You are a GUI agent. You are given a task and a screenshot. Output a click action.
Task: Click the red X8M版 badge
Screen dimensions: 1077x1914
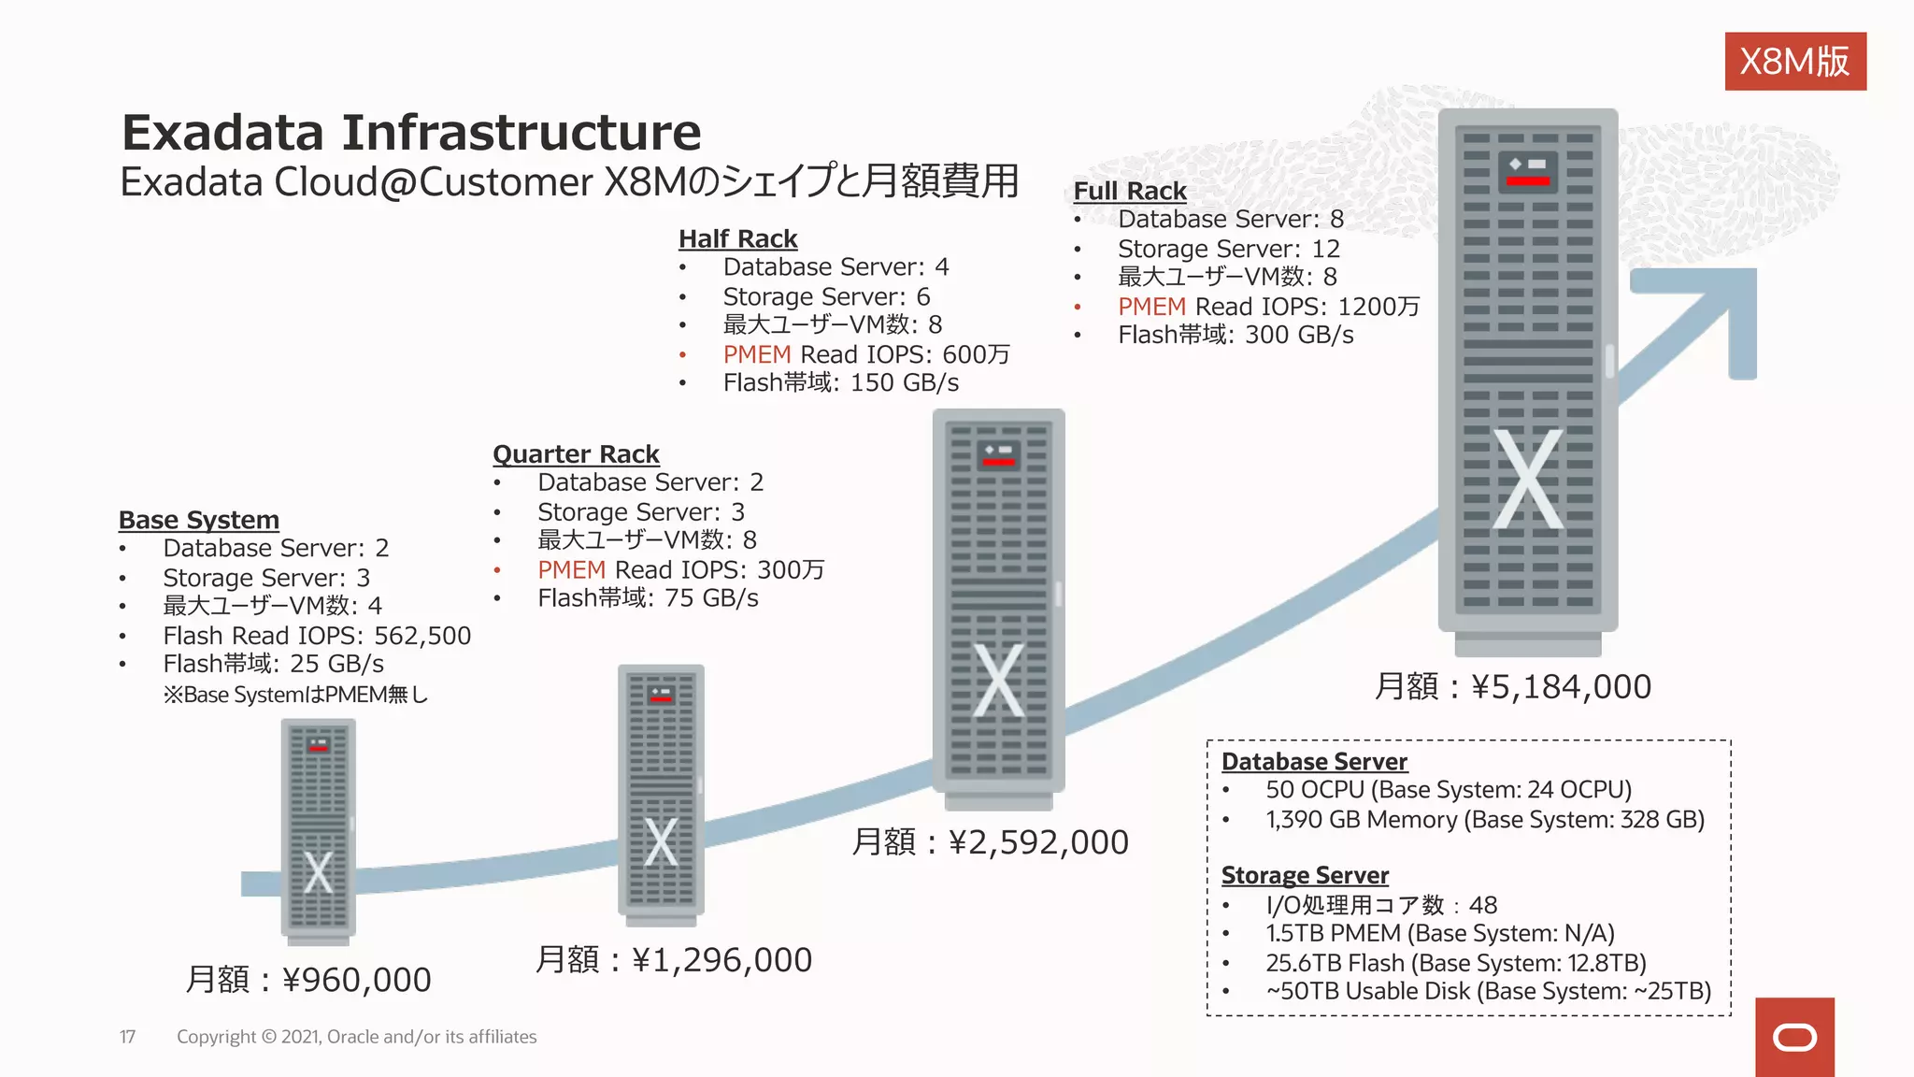(1794, 62)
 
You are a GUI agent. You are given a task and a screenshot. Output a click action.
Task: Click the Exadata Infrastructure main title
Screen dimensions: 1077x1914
(411, 133)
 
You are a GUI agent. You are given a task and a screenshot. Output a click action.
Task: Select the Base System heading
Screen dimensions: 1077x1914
(199, 520)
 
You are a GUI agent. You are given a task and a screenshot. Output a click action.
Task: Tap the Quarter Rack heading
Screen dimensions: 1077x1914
(576, 454)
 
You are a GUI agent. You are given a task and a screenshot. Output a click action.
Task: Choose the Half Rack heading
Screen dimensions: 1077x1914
(737, 239)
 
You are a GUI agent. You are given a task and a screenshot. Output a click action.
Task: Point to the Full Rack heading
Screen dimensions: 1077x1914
(1129, 192)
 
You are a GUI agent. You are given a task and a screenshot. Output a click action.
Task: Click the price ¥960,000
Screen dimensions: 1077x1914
(356, 980)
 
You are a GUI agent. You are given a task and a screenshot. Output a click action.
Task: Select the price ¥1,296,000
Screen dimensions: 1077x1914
(721, 960)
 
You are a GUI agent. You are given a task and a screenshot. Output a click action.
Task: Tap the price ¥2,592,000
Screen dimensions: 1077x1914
(1038, 842)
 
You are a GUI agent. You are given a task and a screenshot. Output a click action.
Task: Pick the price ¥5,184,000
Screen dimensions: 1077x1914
(1561, 687)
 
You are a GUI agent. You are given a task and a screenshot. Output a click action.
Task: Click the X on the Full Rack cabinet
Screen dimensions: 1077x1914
(1527, 480)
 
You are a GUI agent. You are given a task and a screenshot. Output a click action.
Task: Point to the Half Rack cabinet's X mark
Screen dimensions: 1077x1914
(998, 681)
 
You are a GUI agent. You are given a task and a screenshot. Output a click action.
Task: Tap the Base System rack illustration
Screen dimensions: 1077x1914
(318, 827)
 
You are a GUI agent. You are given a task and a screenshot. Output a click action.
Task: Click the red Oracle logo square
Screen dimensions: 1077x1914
(1794, 1037)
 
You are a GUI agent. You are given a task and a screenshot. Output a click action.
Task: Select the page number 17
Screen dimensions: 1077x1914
(128, 1037)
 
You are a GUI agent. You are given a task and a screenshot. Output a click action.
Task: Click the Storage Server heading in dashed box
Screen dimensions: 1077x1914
(1305, 876)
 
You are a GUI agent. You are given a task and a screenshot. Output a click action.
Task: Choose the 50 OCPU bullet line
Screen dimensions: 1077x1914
(1449, 790)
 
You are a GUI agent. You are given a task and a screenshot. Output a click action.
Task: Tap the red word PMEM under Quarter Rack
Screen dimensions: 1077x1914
(571, 570)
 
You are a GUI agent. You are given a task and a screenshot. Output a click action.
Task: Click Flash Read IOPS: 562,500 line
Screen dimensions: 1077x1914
(317, 636)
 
